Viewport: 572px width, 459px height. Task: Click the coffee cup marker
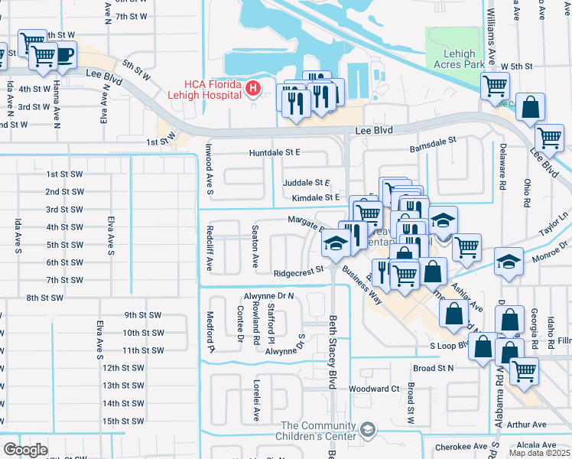click(64, 55)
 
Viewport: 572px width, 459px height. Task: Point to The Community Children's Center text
click(319, 431)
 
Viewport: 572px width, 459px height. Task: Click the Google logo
click(25, 450)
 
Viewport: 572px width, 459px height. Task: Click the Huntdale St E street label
click(274, 153)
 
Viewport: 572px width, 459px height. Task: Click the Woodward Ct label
click(374, 389)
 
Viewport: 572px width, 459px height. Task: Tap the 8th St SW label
click(44, 297)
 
